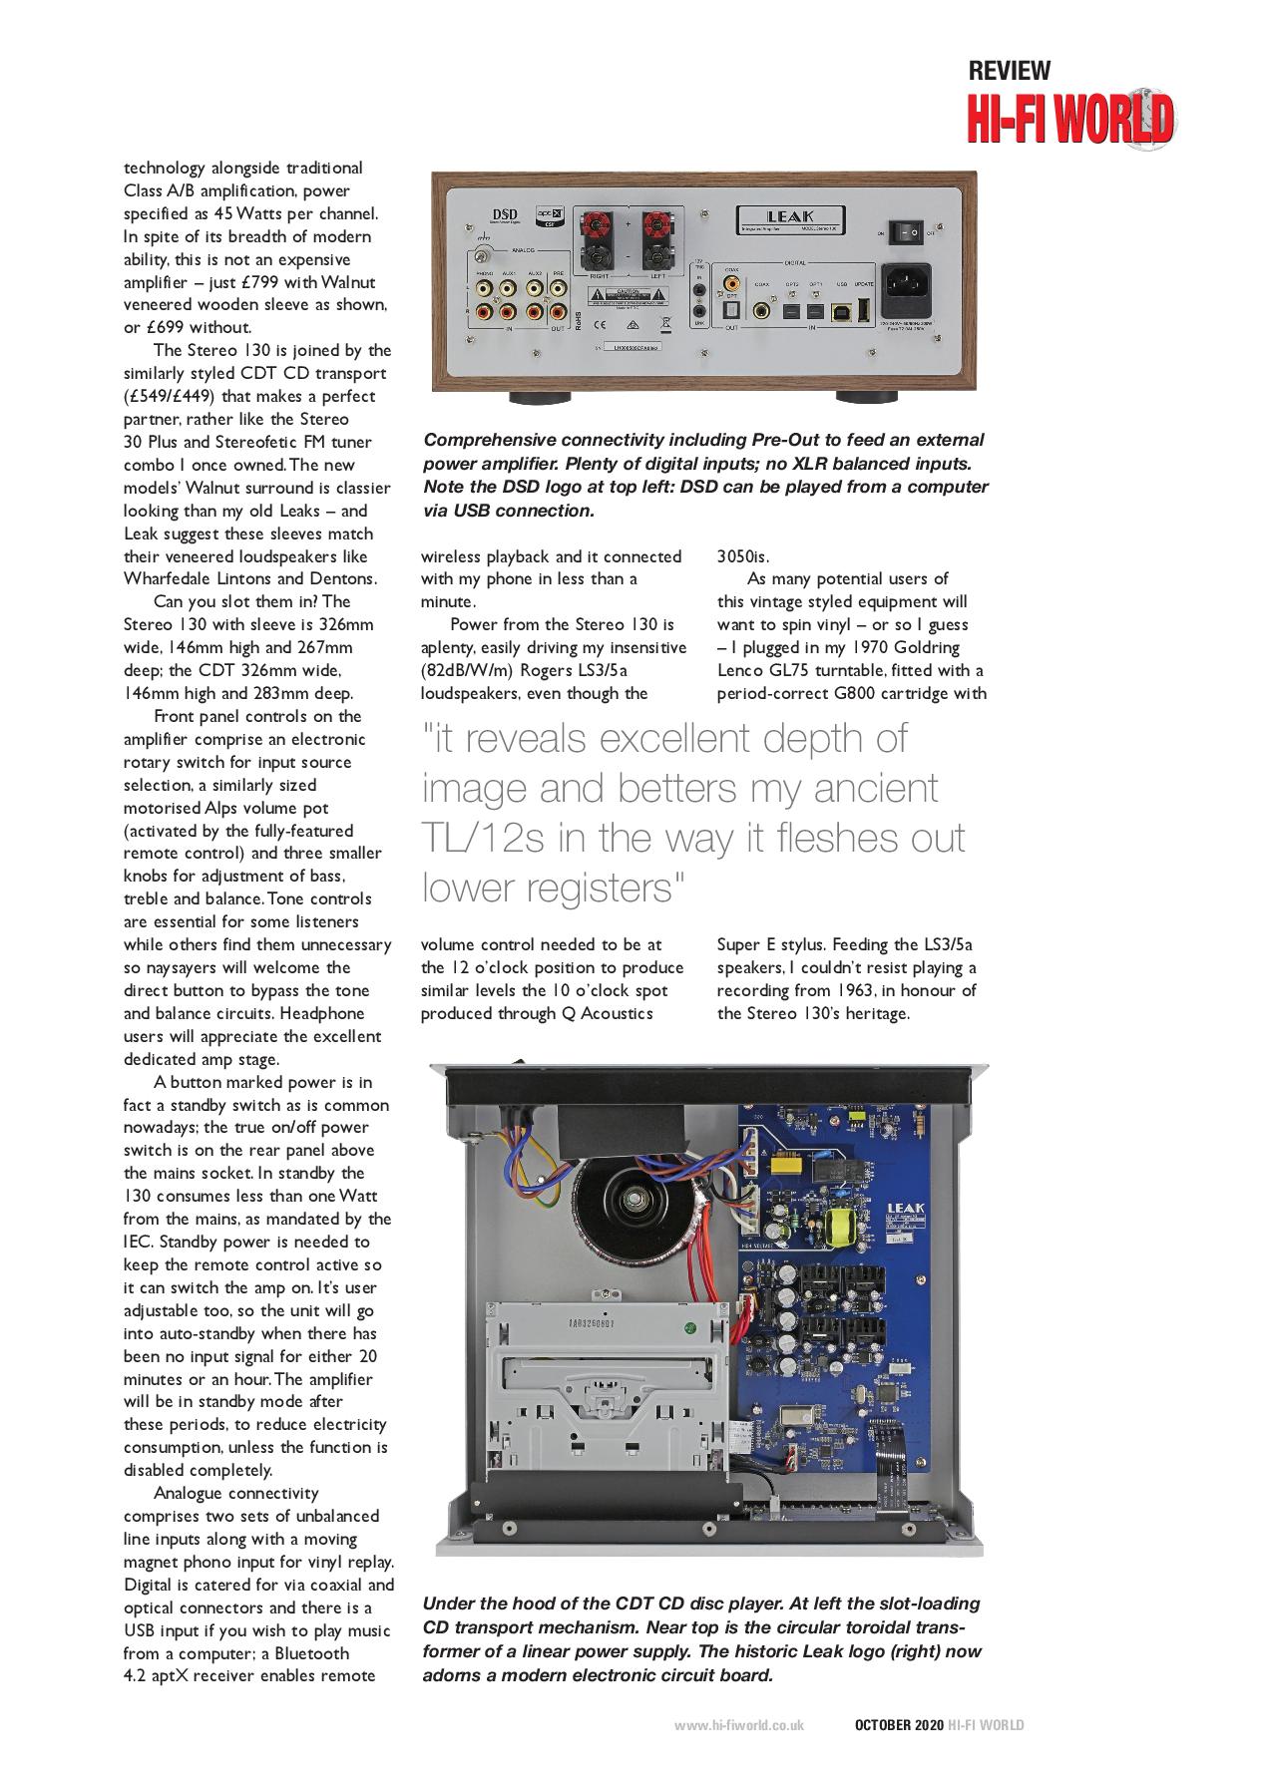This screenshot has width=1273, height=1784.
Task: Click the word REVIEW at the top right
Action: point(1009,71)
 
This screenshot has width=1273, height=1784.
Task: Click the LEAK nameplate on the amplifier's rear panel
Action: point(790,216)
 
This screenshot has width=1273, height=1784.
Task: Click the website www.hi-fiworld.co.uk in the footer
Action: point(738,1725)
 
